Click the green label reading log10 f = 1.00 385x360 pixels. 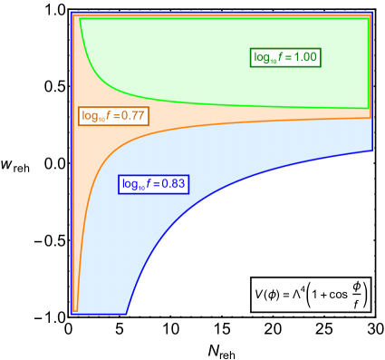pos(285,57)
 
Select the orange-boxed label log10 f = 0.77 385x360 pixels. pos(113,116)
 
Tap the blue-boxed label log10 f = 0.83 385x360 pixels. pos(153,184)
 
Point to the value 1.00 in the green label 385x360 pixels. pos(305,57)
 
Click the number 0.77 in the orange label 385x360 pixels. pos(133,116)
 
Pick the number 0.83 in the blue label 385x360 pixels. pos(173,184)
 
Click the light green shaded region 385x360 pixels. pos(181,54)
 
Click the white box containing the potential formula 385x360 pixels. pos(312,294)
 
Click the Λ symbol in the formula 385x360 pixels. pos(294,294)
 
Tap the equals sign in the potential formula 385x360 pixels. pos(283,294)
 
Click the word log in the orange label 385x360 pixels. pos(90,116)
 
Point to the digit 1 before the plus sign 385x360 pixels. pos(314,294)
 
